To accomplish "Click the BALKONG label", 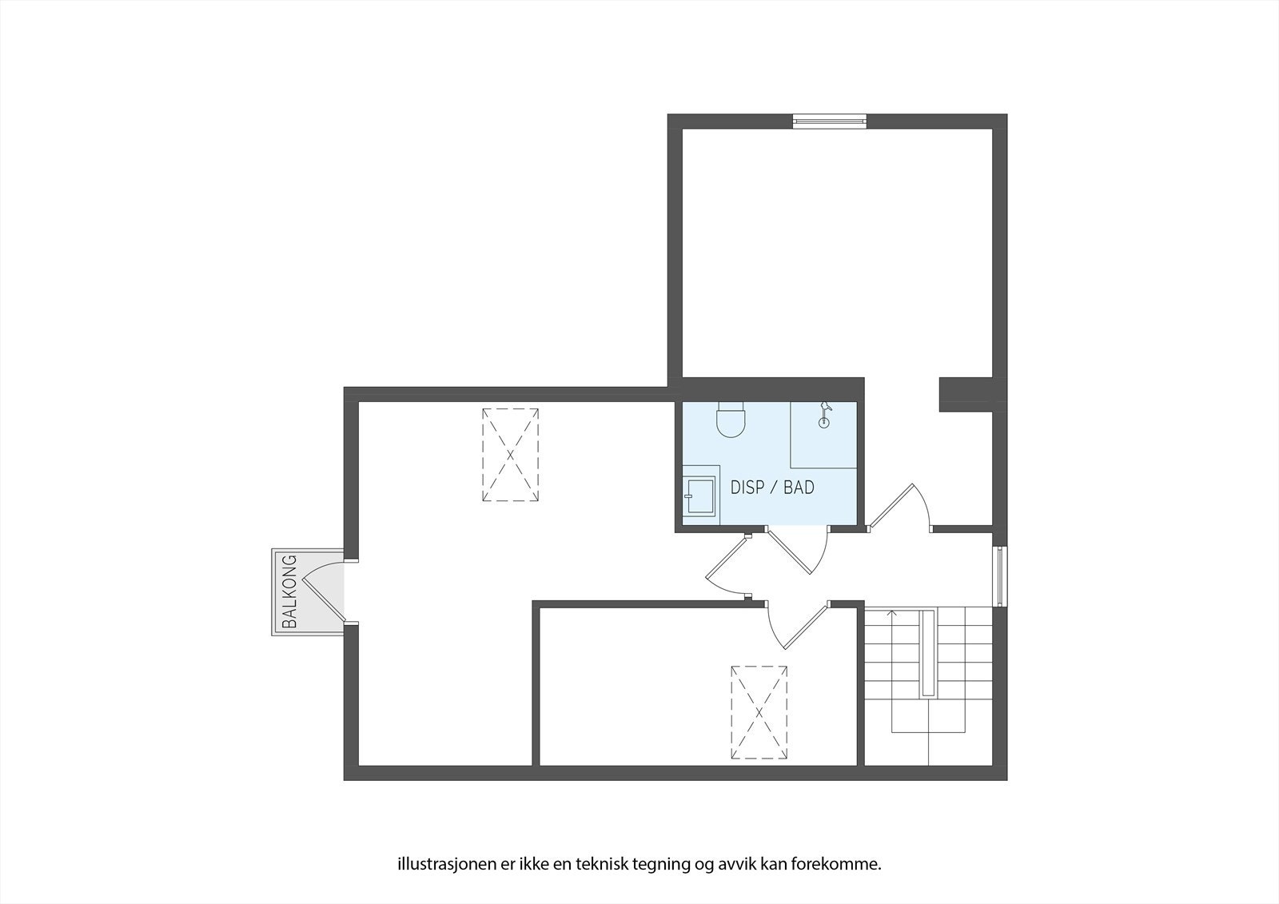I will (x=289, y=591).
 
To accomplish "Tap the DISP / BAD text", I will (x=772, y=488).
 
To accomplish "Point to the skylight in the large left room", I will (x=510, y=455).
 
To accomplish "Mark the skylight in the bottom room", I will (x=759, y=712).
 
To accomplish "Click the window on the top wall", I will (x=829, y=121).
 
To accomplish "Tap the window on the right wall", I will (x=998, y=575).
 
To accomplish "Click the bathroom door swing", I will (x=799, y=552).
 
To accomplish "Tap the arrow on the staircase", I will (x=892, y=614).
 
